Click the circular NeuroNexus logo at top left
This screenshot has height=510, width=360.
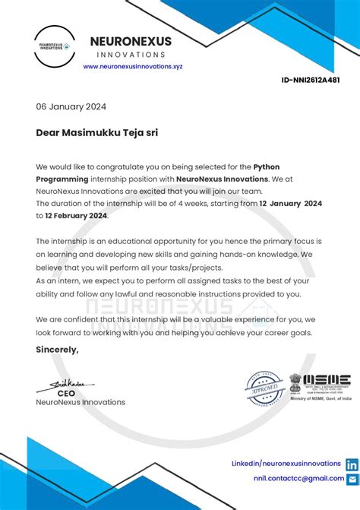click(54, 46)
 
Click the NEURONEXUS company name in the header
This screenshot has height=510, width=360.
click(131, 41)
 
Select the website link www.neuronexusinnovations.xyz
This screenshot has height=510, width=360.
click(133, 66)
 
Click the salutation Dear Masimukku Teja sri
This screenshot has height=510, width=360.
click(97, 132)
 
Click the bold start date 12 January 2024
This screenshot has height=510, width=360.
click(291, 204)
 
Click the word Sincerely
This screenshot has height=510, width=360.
click(57, 349)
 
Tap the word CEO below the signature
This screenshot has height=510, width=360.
click(66, 394)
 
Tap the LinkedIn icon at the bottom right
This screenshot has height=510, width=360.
click(352, 464)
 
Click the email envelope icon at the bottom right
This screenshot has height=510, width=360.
click(352, 479)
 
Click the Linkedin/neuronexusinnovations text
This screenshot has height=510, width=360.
click(286, 463)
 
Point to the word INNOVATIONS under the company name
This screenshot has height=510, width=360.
click(131, 55)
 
